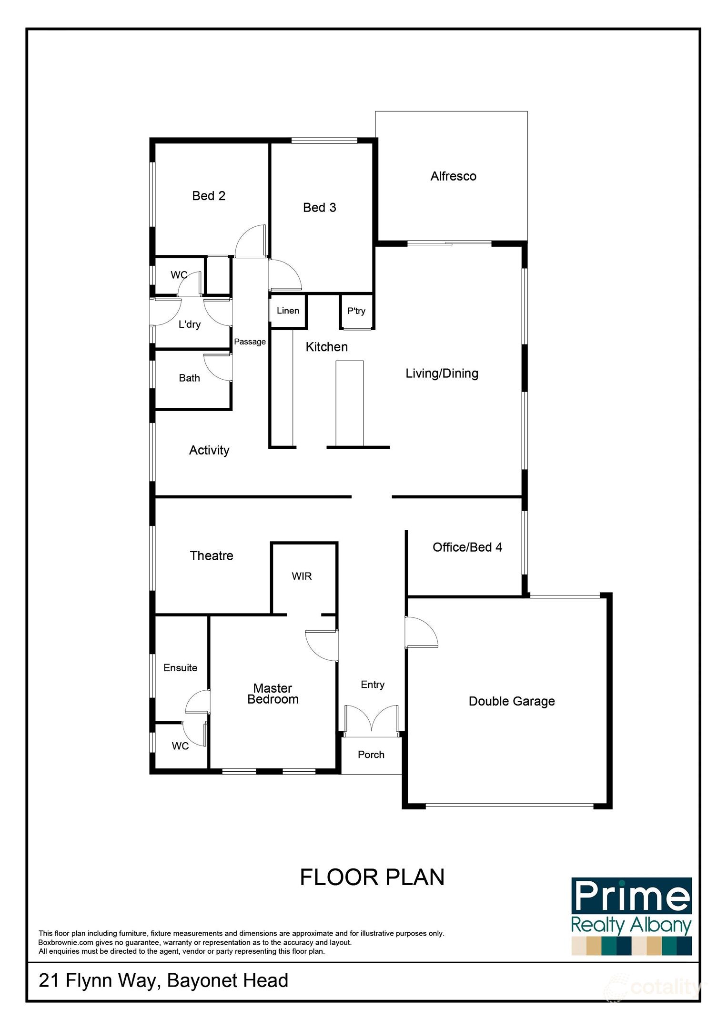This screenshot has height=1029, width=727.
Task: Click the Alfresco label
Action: pyautogui.click(x=453, y=176)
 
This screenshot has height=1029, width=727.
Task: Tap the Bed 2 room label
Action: pyautogui.click(x=209, y=196)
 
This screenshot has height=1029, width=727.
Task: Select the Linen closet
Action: pyautogui.click(x=288, y=311)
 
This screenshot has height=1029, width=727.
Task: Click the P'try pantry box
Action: pyautogui.click(x=356, y=311)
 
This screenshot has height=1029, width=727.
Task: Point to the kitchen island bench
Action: pyautogui.click(x=349, y=403)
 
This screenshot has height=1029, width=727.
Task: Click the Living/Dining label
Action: pyautogui.click(x=442, y=373)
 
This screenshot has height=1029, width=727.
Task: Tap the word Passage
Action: pyautogui.click(x=250, y=342)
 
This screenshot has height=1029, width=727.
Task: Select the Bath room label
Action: pyautogui.click(x=189, y=378)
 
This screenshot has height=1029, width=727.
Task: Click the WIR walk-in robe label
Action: pyautogui.click(x=302, y=576)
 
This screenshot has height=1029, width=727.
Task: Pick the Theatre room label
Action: pyautogui.click(x=212, y=555)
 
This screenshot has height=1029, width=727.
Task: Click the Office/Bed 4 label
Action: pyautogui.click(x=467, y=547)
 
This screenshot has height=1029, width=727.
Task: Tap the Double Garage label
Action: pyautogui.click(x=512, y=701)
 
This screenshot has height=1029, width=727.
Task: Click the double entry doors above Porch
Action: pyautogui.click(x=371, y=719)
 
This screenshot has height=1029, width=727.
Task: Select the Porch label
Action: pyautogui.click(x=371, y=755)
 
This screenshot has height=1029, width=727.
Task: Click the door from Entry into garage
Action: pyautogui.click(x=420, y=633)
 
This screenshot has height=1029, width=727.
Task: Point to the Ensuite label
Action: pyautogui.click(x=180, y=668)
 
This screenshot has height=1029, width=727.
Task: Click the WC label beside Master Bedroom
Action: pyautogui.click(x=180, y=746)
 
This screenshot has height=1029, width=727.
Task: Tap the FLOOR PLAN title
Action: pyautogui.click(x=372, y=878)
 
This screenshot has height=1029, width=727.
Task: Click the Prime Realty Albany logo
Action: pyautogui.click(x=631, y=916)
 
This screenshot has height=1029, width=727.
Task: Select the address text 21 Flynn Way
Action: pyautogui.click(x=163, y=980)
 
